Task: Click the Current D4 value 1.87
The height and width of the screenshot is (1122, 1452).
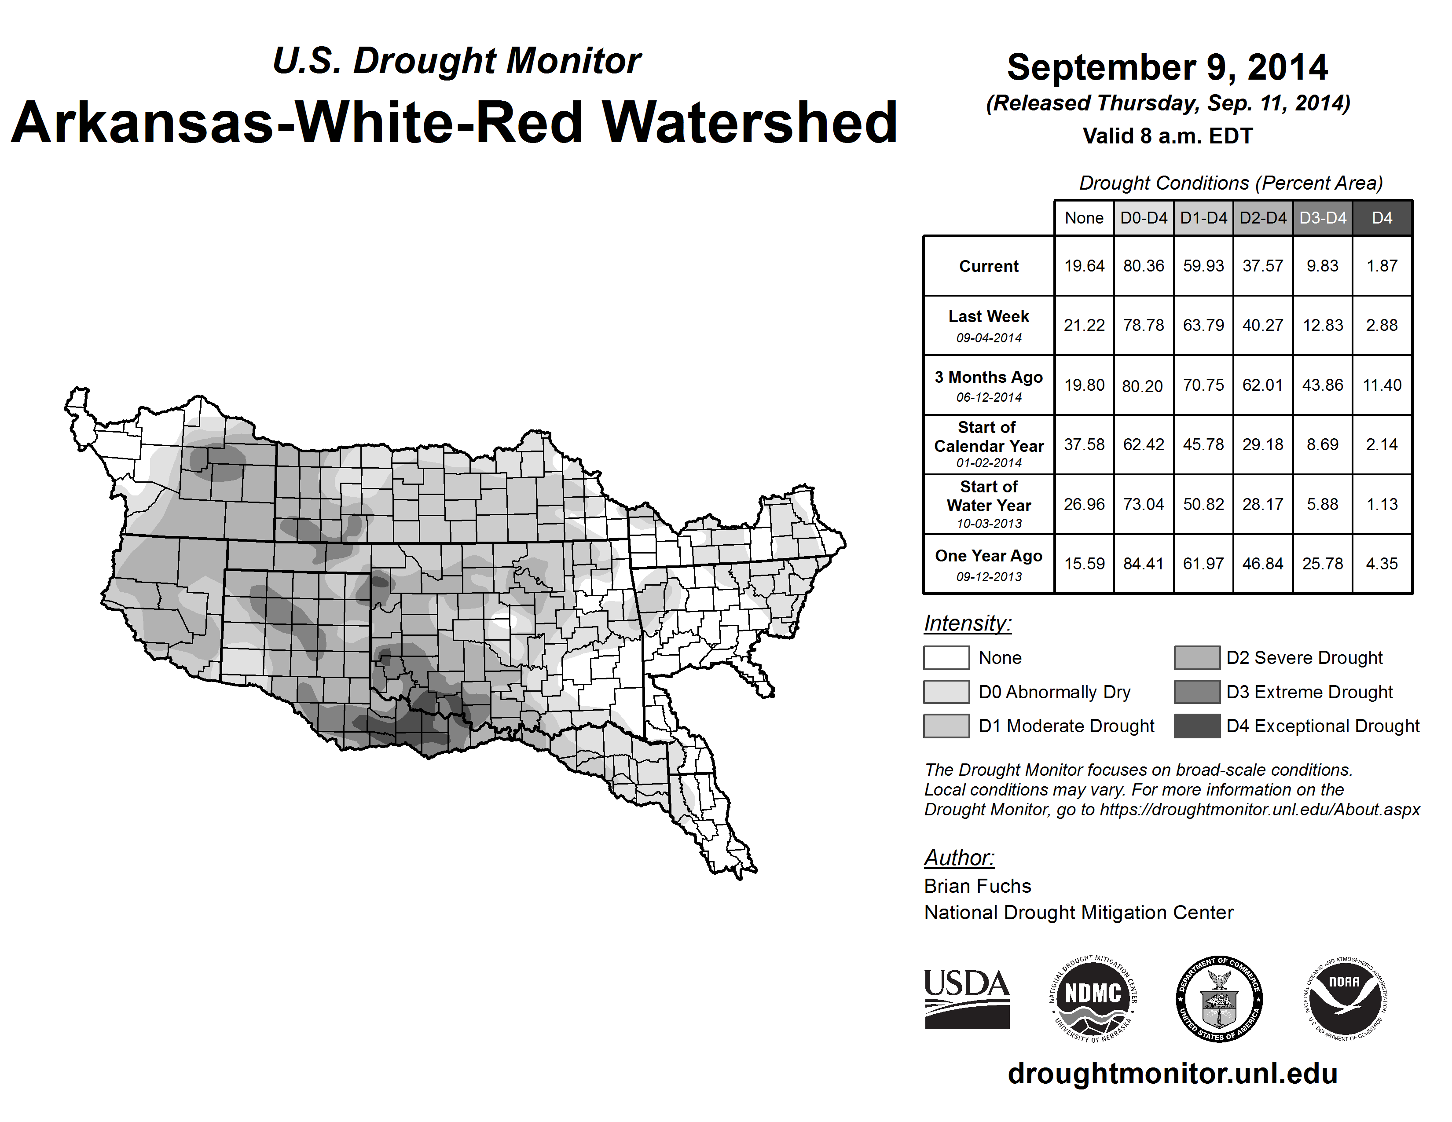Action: [1382, 266]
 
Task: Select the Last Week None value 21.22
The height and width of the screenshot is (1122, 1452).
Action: [1084, 325]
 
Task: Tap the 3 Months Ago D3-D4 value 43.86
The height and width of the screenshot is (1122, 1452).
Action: [1322, 385]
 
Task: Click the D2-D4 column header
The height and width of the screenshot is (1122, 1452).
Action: [1262, 218]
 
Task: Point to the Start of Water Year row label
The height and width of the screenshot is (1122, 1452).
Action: [989, 505]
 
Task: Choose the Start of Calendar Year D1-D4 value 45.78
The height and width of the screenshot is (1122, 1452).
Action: [1203, 444]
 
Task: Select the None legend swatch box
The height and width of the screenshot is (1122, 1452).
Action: [946, 657]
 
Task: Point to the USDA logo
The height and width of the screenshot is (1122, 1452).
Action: [967, 998]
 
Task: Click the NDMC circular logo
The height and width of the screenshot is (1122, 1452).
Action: [1093, 998]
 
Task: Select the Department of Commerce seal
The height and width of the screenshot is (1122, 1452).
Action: [1219, 998]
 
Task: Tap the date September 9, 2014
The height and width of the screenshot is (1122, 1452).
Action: [1167, 68]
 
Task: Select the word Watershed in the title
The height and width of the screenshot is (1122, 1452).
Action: [750, 123]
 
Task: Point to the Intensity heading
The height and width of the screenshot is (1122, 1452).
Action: [967, 623]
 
